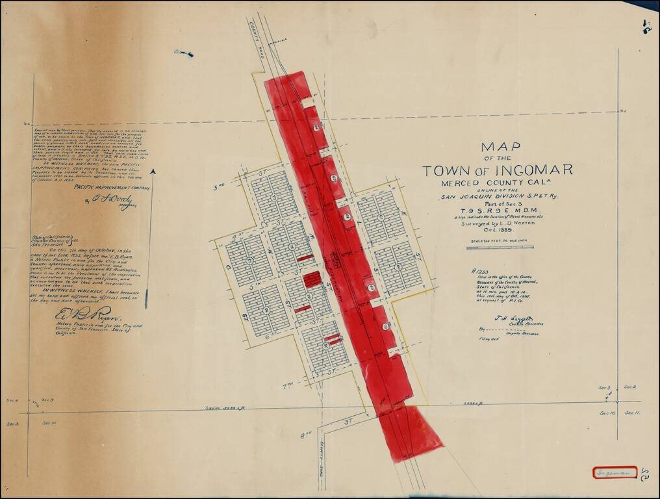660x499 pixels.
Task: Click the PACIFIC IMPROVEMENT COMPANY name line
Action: [x=111, y=187]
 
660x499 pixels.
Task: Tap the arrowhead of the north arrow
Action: [x=153, y=172]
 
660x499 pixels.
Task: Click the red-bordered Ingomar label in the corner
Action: [x=614, y=472]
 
